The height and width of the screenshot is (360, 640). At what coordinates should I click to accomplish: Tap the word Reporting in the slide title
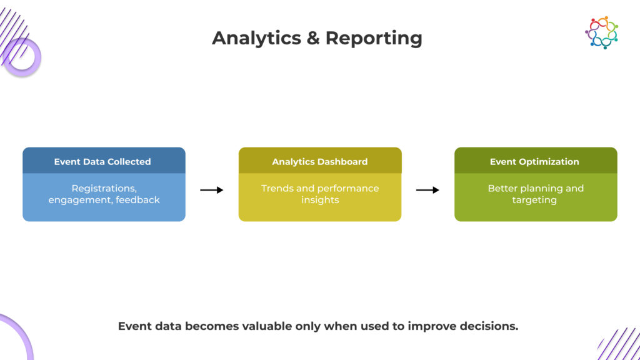tap(374, 38)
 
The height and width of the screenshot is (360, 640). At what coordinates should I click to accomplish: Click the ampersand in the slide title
tap(314, 38)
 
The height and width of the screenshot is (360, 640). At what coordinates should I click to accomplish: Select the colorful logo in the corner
tap(601, 32)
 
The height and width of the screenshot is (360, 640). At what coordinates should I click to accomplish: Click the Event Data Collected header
tap(102, 161)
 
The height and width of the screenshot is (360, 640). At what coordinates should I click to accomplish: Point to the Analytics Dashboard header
tap(320, 161)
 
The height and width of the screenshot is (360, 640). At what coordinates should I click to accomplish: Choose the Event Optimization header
tap(534, 161)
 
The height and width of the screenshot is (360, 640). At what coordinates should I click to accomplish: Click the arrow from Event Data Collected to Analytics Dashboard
tap(212, 190)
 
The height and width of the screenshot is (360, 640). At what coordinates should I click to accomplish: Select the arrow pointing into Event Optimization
tap(427, 190)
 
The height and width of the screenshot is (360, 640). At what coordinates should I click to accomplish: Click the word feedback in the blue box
tap(137, 200)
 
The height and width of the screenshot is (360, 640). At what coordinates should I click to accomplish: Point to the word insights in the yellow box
tap(320, 200)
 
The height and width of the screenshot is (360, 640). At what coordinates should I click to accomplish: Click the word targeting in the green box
tap(536, 200)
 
